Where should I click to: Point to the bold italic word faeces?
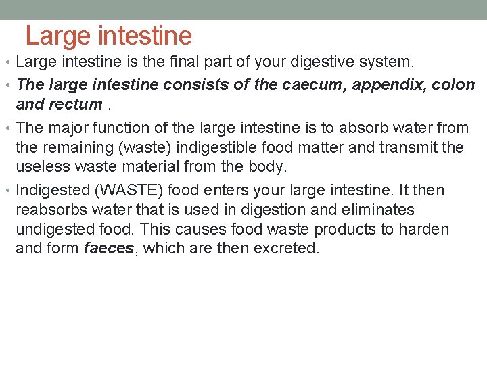click(109, 249)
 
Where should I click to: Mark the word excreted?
click(285, 249)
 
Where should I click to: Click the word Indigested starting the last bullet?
click(51, 191)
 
